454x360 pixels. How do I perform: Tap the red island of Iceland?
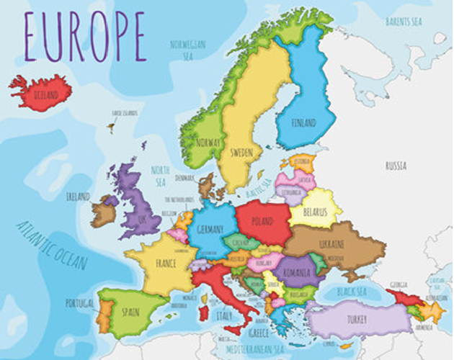pos(41,91)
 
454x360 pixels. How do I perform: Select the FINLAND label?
pos(303,123)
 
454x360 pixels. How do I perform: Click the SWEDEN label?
pos(241,153)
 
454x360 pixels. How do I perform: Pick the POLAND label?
pos(264,220)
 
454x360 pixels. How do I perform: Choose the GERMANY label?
pos(210,228)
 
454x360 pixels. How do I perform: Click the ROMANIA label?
pos(295,273)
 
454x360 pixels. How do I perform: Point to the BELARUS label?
pos(315,212)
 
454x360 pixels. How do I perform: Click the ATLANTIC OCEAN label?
pos(52,246)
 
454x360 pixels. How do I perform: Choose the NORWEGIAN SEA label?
pos(188,48)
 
